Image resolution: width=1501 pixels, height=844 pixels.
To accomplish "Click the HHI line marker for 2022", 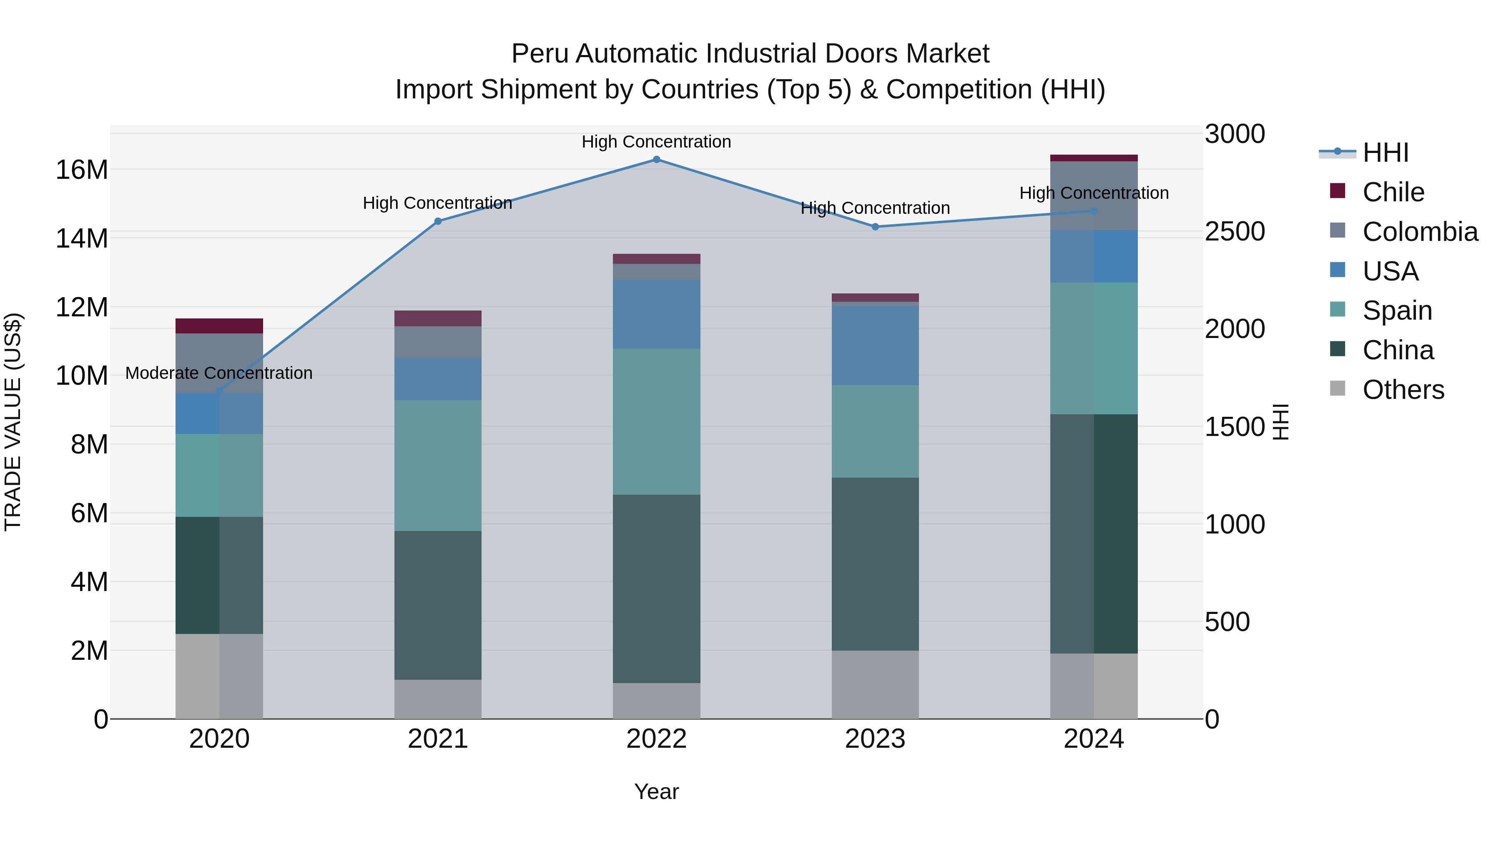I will [x=656, y=160].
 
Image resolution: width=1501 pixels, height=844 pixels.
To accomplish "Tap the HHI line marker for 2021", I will [x=438, y=221].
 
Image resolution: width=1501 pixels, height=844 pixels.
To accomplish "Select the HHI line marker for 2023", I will [x=875, y=227].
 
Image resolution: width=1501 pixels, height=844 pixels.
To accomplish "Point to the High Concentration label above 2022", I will [x=656, y=142].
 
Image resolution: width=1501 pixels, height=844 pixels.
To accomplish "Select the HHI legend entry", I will [x=1385, y=153].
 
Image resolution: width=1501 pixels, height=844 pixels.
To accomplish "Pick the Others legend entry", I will [x=1403, y=390].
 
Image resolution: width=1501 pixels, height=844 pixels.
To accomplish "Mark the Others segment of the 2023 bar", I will [x=875, y=684].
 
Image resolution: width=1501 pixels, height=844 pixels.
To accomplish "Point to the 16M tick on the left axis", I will [x=82, y=170].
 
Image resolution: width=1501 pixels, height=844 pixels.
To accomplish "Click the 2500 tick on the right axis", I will [x=1234, y=232].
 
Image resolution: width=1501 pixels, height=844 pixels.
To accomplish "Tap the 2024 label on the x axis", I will [x=1093, y=739].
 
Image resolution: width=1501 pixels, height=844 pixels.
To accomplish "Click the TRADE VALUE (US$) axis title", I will [x=13, y=422].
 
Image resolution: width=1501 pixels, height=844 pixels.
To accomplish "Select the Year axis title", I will [x=656, y=791].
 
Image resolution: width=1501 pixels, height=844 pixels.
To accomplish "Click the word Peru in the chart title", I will [x=539, y=54].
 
